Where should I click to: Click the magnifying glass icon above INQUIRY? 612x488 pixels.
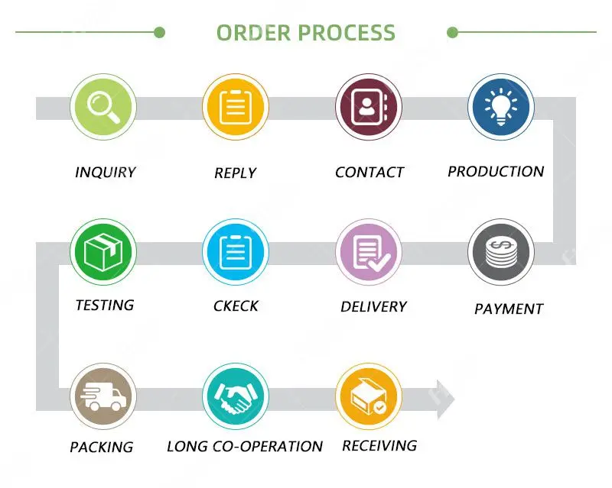coord(103,107)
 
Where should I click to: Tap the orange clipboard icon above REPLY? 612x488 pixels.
coord(235,107)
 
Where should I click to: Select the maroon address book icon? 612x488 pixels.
coord(368,107)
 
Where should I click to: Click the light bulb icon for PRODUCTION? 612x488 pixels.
coord(500,107)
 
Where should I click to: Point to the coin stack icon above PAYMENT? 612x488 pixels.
coord(500,253)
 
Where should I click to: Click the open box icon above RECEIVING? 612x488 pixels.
coord(368,396)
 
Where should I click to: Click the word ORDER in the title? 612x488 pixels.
coord(253,33)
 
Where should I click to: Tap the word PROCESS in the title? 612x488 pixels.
coord(347,33)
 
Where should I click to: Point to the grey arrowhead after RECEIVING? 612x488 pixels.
coord(444,398)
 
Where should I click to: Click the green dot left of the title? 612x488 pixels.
coord(159,32)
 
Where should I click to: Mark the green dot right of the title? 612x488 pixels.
coord(452,32)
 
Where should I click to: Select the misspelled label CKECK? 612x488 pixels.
coord(236,306)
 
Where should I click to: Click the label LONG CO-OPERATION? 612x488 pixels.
coord(245,447)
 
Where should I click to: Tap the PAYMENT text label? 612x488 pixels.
coord(509,309)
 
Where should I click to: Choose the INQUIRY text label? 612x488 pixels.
coord(106,173)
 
